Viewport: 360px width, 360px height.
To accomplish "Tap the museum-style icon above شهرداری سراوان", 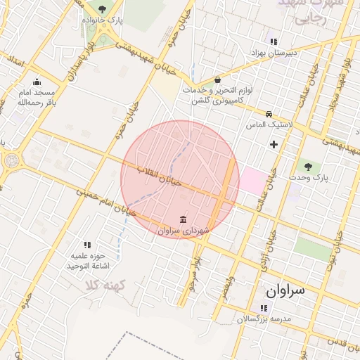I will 184,219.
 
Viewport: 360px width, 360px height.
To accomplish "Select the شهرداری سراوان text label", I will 185,230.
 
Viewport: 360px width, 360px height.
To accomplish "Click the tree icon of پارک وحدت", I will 308,167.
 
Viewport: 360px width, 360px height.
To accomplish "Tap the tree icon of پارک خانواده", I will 103,9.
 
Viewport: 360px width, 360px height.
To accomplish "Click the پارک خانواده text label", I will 102,21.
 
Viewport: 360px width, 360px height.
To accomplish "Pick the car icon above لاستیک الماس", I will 269,114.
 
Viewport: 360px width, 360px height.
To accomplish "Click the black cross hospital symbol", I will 274,144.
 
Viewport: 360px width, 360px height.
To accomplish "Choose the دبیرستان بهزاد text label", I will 274,53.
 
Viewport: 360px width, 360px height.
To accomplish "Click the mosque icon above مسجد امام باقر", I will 37,82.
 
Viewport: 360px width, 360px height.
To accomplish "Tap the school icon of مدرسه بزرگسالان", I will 263,308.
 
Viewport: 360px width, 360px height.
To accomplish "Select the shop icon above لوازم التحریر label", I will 217,80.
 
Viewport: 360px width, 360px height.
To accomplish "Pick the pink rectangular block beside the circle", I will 255,180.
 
